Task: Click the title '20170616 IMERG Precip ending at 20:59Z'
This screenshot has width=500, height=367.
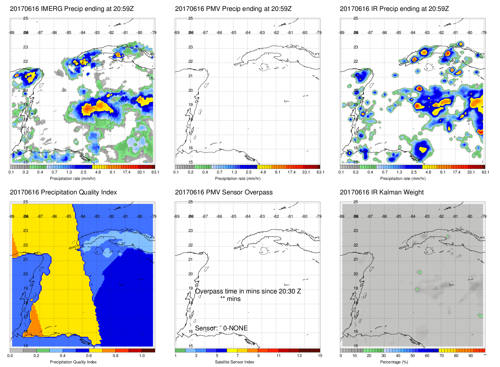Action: point(72,9)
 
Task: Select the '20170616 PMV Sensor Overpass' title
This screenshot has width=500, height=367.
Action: point(224,192)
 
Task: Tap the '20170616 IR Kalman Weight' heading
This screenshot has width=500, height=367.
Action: point(382,192)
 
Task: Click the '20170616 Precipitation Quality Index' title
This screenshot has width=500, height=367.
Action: point(63,192)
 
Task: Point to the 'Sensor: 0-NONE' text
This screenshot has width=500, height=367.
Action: point(221,328)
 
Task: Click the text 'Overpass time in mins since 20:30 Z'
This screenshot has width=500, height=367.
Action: point(248,291)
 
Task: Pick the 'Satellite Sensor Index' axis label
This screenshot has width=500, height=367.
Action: point(235,362)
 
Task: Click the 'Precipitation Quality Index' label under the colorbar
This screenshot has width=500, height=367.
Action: point(73,362)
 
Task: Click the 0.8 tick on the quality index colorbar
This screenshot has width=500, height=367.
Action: point(116,356)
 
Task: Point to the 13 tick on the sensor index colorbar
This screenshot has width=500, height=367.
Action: point(299,356)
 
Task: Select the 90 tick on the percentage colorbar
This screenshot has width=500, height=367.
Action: point(471,356)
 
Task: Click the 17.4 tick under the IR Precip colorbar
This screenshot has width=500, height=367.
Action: point(457,172)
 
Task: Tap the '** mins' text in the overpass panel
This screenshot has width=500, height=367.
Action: point(230,299)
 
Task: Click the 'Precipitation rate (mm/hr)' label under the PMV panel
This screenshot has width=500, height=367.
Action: point(238,178)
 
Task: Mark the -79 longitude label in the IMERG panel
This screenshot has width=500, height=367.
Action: point(154,33)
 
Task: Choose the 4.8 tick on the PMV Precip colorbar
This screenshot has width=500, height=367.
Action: point(263,172)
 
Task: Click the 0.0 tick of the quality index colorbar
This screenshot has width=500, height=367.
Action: point(10,356)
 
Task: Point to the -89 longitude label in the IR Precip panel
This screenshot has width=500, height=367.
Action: point(342,33)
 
